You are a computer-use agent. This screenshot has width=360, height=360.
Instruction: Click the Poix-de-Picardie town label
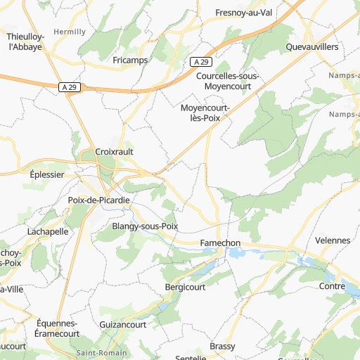pyautogui.click(x=98, y=200)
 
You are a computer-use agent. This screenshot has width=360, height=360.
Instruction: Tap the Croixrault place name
pyautogui.click(x=114, y=151)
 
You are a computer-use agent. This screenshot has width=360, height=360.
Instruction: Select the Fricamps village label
pyautogui.click(x=130, y=60)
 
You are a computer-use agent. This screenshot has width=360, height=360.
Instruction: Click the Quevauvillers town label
pyautogui.click(x=312, y=46)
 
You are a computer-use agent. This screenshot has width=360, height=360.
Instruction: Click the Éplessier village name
pyautogui.click(x=47, y=174)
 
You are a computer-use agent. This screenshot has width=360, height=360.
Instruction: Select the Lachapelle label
pyautogui.click(x=48, y=231)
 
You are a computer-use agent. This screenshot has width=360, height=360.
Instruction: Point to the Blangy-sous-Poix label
pyautogui.click(x=145, y=226)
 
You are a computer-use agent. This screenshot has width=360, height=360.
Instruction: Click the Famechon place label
pyautogui.click(x=220, y=243)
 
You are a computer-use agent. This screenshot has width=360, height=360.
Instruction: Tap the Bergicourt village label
pyautogui.click(x=184, y=288)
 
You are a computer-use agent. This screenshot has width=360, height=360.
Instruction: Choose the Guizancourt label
pyautogui.click(x=123, y=325)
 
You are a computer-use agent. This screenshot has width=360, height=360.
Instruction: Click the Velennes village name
pyautogui.click(x=333, y=240)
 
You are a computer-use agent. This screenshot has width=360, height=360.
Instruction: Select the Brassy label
pyautogui.click(x=222, y=347)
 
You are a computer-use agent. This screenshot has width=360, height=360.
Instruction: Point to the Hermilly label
pyautogui.click(x=70, y=32)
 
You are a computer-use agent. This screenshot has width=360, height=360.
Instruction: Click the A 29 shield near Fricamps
pyautogui.click(x=200, y=63)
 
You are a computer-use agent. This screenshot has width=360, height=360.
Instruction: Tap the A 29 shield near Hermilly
pyautogui.click(x=68, y=86)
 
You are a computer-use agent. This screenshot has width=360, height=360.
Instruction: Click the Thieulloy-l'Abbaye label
pyautogui.click(x=24, y=41)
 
